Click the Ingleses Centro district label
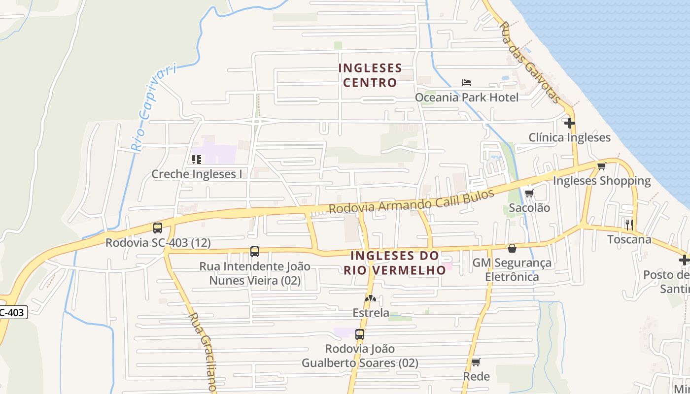tap(370, 75)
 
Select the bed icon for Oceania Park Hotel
tap(466, 82)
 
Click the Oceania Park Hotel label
tap(466, 98)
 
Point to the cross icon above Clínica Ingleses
tap(570, 123)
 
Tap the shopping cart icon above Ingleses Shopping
tap(601, 166)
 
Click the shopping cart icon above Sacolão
tap(529, 193)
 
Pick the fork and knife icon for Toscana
tap(629, 225)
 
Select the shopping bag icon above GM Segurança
tap(512, 248)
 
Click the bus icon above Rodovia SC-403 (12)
tap(158, 228)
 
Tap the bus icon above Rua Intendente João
tap(254, 251)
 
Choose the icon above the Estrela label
tap(370, 298)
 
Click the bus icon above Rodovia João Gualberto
tap(360, 334)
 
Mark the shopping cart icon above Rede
tap(476, 362)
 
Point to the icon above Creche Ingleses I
tap(197, 159)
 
